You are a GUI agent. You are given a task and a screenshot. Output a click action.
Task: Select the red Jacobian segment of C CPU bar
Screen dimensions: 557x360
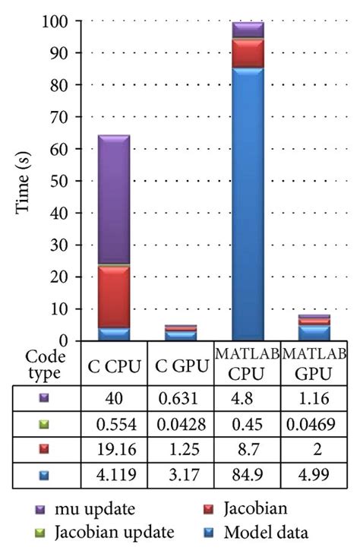tap(114, 296)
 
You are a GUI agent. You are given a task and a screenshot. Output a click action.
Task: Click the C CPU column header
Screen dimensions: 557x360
tap(112, 366)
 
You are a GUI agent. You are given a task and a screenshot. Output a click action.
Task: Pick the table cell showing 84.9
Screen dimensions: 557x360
tap(247, 477)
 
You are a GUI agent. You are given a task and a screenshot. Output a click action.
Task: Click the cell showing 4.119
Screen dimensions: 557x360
tap(112, 477)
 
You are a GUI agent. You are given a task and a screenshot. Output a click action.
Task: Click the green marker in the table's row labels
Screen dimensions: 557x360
tap(44, 424)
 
